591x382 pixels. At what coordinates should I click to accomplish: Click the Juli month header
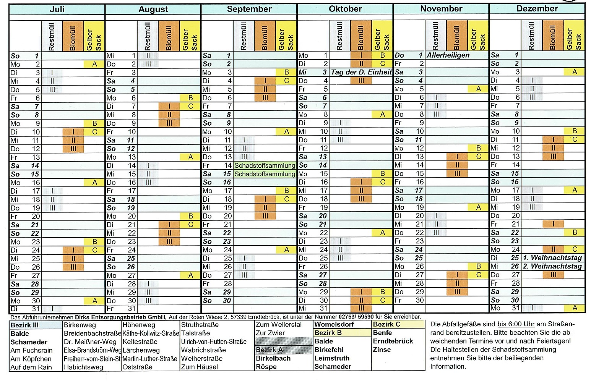tap(57, 9)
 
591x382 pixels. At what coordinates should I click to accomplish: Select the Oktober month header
tap(345, 9)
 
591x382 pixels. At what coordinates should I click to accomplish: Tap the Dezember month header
tap(537, 9)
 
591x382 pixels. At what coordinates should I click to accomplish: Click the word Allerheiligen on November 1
tap(448, 55)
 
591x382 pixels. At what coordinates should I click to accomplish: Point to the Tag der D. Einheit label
tap(361, 72)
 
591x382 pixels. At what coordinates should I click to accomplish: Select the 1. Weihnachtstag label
tap(552, 258)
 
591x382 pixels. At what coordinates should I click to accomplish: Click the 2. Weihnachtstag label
tap(552, 266)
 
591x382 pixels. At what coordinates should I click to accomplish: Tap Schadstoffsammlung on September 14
tap(265, 165)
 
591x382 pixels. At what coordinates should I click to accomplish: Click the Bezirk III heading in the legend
tap(24, 325)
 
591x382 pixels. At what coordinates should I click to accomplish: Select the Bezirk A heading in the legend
tap(270, 350)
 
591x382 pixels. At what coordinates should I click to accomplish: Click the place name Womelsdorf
tap(334, 325)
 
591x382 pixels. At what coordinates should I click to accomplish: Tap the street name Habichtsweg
tap(83, 367)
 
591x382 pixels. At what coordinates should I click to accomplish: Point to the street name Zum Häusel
tap(200, 367)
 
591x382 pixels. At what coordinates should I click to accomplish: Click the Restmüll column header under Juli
tap(52, 36)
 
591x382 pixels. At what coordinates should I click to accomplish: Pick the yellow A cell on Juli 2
tap(94, 64)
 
